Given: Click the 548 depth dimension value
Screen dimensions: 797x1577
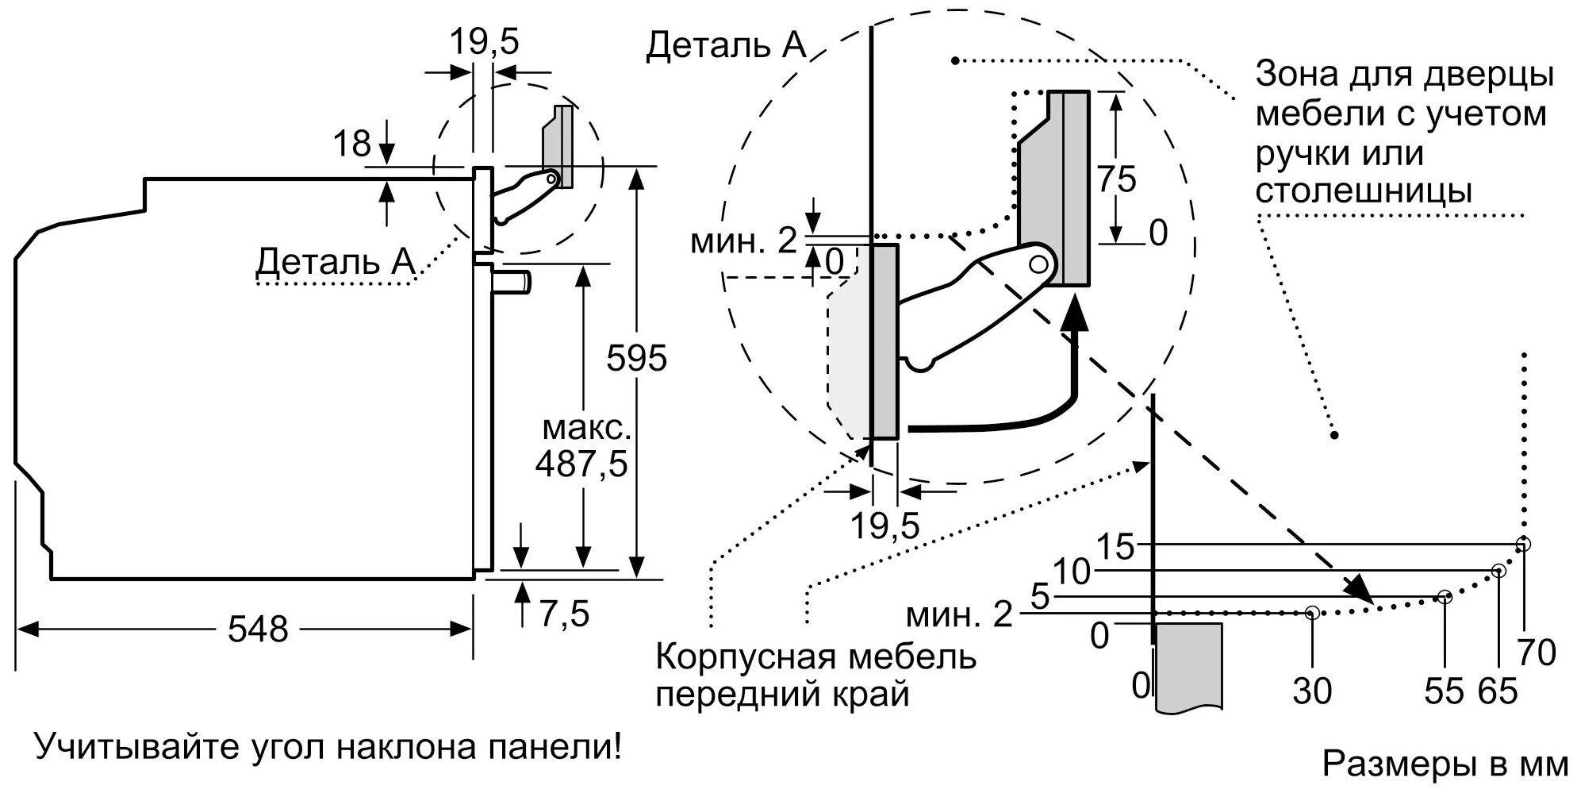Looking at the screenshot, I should pyautogui.click(x=258, y=630).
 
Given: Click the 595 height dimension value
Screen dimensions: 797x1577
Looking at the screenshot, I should pyautogui.click(x=636, y=359).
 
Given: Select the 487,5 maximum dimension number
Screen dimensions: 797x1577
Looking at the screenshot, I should pyautogui.click(x=581, y=464).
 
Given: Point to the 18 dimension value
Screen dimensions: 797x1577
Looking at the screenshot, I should pyautogui.click(x=351, y=144).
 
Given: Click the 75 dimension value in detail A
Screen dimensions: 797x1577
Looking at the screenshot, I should pyautogui.click(x=1116, y=179).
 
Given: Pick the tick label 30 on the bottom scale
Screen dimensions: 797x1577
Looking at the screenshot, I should pyautogui.click(x=1312, y=691).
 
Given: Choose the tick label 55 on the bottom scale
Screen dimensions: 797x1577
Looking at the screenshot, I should pyautogui.click(x=1444, y=691).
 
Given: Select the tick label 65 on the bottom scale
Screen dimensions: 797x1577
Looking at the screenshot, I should pyautogui.click(x=1498, y=691).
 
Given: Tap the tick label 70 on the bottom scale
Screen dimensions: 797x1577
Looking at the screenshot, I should pyautogui.click(x=1537, y=653).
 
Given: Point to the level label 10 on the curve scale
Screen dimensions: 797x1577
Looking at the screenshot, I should pyautogui.click(x=1072, y=572).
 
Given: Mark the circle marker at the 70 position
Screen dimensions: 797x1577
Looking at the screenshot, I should pyautogui.click(x=1523, y=544).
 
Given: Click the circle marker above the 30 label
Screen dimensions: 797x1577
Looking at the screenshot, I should pyautogui.click(x=1312, y=613).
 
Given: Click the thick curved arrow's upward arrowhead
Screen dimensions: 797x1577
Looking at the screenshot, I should pyautogui.click(x=1075, y=312).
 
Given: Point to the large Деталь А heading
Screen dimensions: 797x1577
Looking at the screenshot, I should pyautogui.click(x=725, y=46).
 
